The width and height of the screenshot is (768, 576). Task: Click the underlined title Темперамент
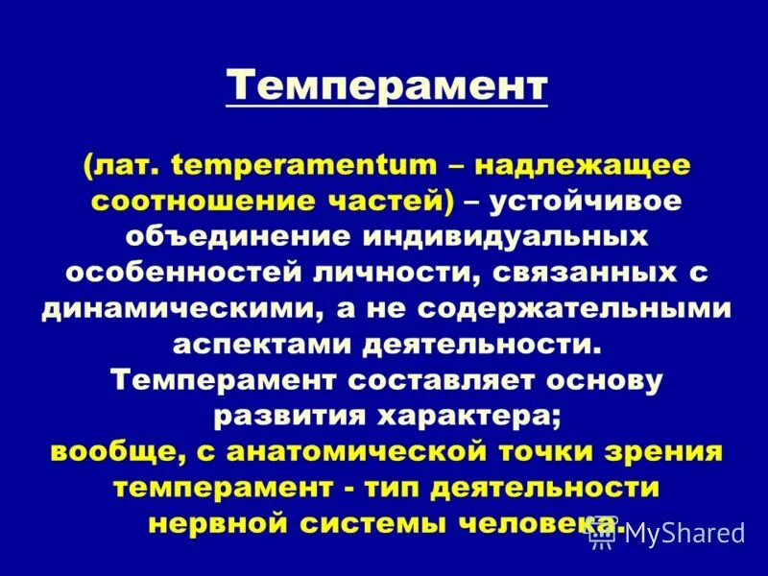pyautogui.click(x=387, y=87)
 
